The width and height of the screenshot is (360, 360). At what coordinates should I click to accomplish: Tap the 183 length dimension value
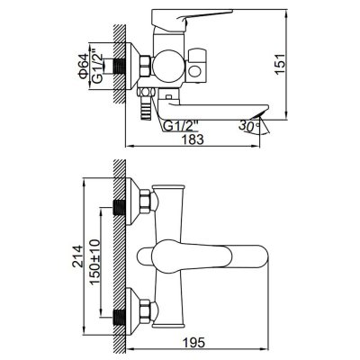click(193, 139)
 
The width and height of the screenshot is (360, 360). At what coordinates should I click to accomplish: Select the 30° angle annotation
click(248, 125)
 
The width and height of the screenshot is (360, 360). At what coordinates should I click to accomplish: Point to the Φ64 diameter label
click(83, 67)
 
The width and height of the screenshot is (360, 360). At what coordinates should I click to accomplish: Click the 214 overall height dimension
click(76, 256)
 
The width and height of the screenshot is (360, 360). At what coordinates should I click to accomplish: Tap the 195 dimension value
click(193, 342)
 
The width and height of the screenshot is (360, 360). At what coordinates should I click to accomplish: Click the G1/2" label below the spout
click(180, 125)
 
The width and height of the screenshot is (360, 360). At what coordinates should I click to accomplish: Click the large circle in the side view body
click(167, 65)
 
